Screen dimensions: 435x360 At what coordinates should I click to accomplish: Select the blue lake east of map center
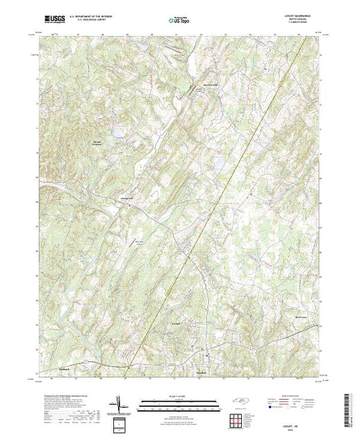click(218, 163)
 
